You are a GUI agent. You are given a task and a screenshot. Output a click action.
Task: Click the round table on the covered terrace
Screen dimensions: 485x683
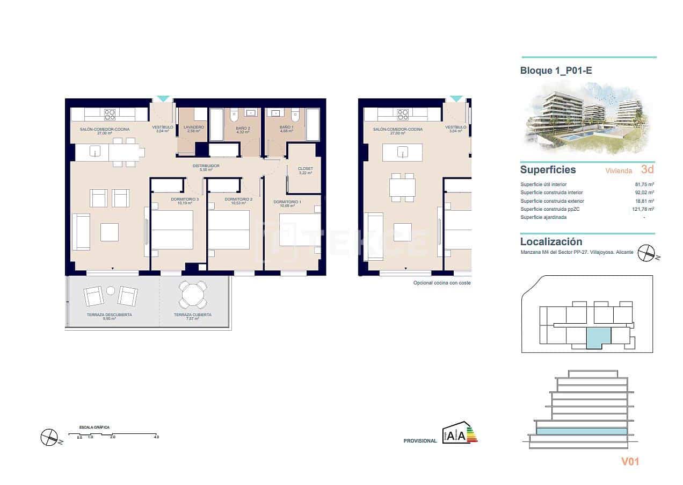click(x=192, y=295)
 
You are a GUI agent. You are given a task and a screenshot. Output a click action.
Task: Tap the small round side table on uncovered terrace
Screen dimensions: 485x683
click(x=111, y=291)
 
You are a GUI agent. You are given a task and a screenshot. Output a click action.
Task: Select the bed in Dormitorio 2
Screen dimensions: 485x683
click(x=229, y=230)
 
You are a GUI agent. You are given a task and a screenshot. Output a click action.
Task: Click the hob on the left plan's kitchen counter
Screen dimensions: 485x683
click(x=110, y=114)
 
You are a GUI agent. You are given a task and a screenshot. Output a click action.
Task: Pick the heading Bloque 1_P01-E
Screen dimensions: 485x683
click(x=556, y=70)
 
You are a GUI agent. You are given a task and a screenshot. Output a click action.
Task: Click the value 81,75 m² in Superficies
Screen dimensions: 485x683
click(x=644, y=184)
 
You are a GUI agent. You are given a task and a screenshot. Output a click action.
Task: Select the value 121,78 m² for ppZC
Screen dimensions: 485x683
click(x=643, y=209)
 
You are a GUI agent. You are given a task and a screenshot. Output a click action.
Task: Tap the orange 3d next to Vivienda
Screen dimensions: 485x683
click(x=647, y=169)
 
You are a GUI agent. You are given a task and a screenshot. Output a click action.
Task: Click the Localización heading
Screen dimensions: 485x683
click(x=551, y=242)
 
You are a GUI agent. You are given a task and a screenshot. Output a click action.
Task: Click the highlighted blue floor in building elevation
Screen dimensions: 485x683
click(x=582, y=431)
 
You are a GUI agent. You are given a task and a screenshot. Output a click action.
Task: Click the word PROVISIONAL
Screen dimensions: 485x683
click(x=420, y=441)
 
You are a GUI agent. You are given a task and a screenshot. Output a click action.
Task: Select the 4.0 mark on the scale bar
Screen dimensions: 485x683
click(x=156, y=437)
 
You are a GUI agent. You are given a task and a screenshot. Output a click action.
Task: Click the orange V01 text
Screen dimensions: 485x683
click(x=630, y=461)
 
